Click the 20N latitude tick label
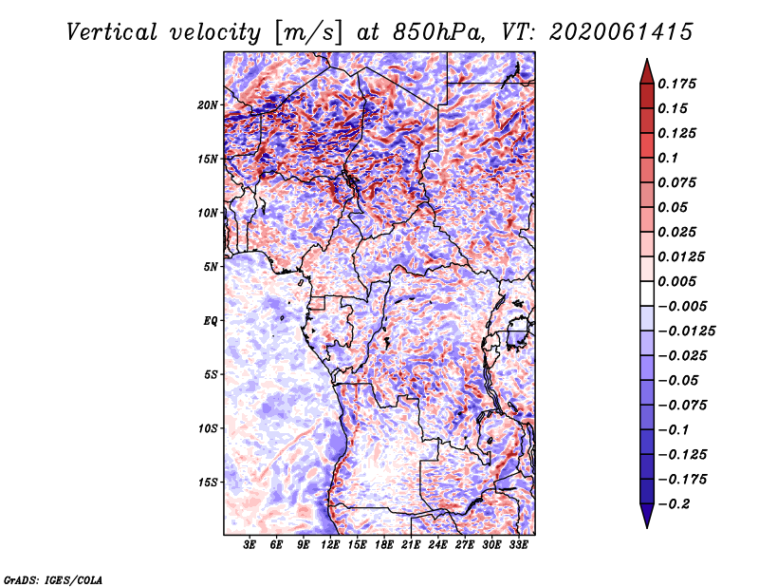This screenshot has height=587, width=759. click(208, 104)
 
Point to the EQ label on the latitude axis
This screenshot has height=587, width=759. click(210, 321)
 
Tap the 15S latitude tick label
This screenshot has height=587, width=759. click(208, 483)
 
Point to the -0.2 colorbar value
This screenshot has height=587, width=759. click(675, 503)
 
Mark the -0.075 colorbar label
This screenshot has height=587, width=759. click(682, 405)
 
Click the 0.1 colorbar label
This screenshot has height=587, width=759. click(667, 158)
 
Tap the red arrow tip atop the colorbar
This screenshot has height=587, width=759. click(646, 68)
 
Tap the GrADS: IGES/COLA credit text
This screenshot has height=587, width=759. click(52, 578)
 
